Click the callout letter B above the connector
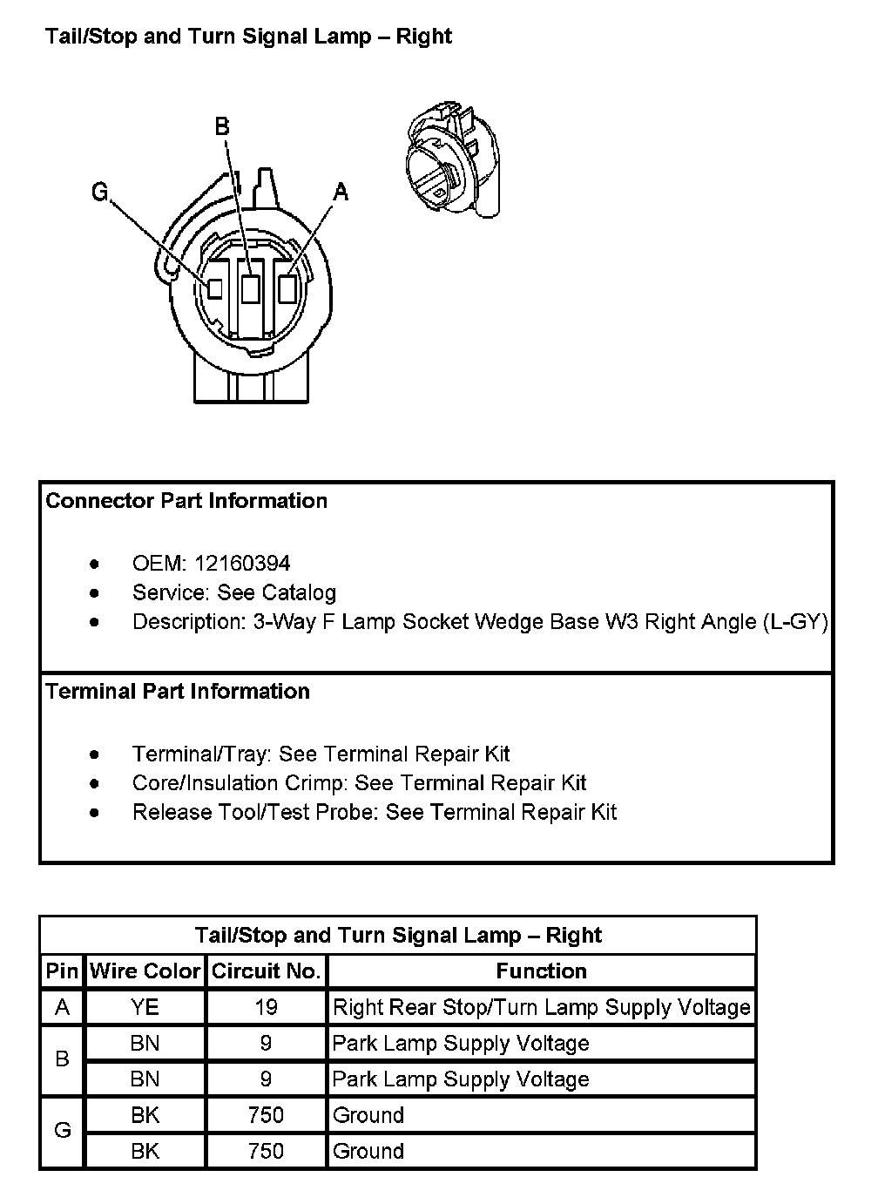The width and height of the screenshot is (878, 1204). tap(222, 126)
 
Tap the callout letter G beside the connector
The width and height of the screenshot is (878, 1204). tap(100, 192)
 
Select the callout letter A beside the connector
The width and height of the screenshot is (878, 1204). tap(341, 192)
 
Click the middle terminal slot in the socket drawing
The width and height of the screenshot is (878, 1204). tap(251, 288)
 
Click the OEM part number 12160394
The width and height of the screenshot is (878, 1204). tap(242, 564)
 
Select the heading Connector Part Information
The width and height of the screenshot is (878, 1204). tap(186, 501)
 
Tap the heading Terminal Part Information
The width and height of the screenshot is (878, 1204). tap(178, 692)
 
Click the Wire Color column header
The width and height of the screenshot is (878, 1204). tap(145, 971)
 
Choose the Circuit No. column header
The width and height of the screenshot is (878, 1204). tap(267, 971)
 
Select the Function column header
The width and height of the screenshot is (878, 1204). tap(541, 971)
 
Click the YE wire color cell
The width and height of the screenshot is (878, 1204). tap(145, 1008)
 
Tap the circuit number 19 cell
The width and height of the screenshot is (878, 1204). tap(266, 1008)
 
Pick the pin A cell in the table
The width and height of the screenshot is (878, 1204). tap(62, 1008)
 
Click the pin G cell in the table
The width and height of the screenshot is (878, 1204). tap(62, 1131)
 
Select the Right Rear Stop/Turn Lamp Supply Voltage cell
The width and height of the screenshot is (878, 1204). tap(541, 1008)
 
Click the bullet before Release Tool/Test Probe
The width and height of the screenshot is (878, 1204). tap(94, 813)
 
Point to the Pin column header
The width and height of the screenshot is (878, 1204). tap(62, 971)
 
